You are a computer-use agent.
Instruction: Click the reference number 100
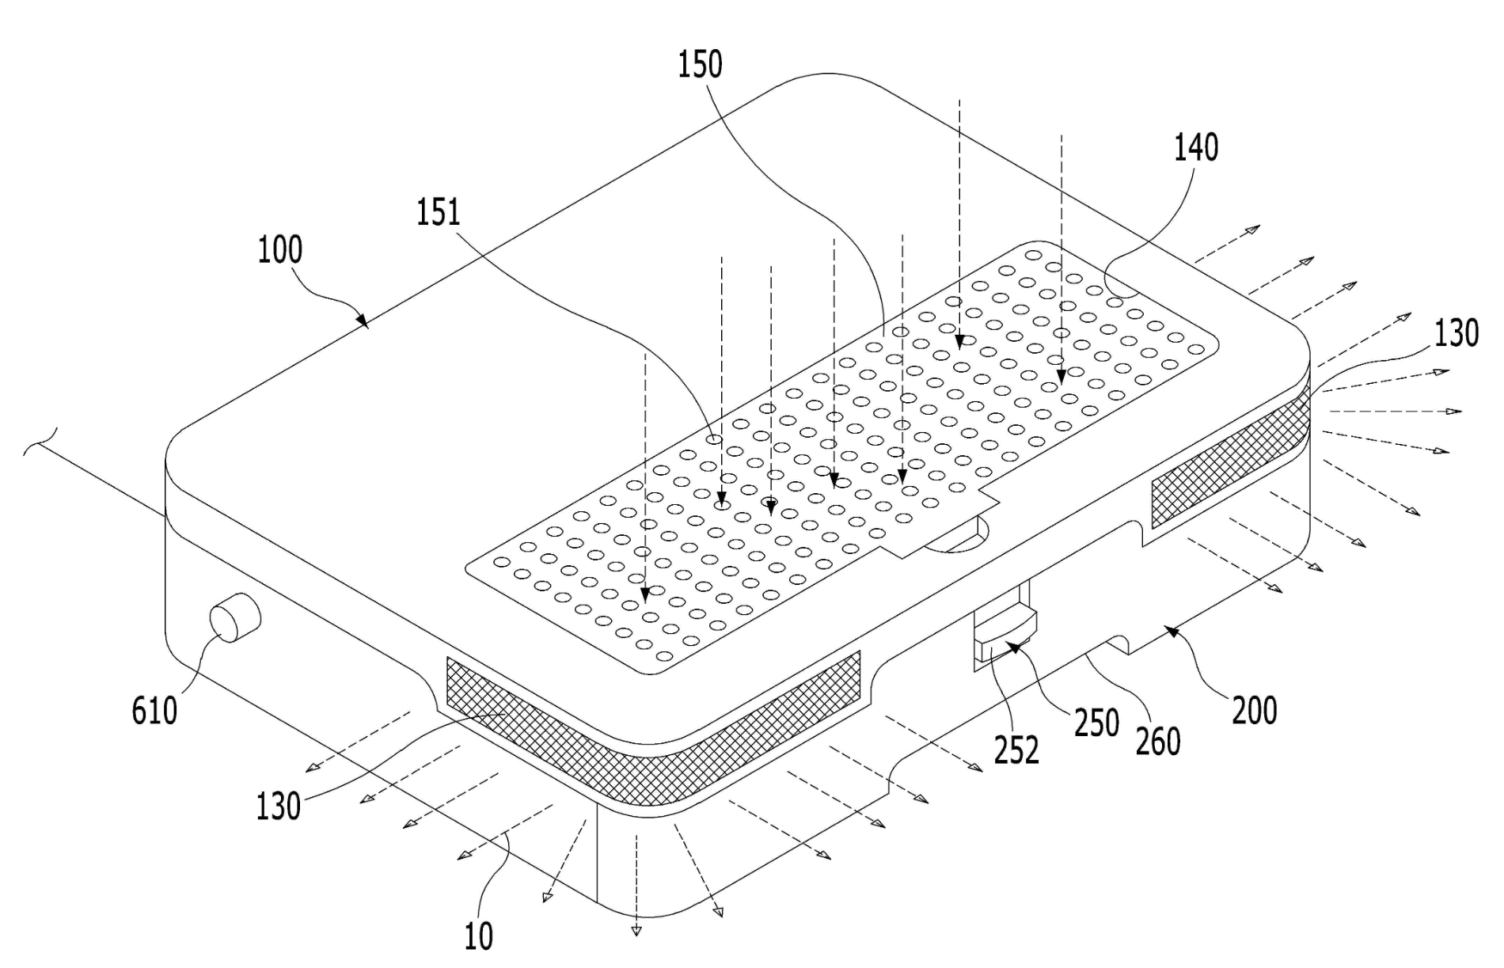point(280,250)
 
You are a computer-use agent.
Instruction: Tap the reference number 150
point(700,64)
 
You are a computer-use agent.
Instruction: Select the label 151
point(439,212)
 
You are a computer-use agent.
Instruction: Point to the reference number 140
point(1196,148)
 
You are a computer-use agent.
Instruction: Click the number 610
point(154,710)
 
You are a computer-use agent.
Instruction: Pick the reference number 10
point(479,936)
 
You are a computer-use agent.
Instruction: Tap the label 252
point(1016,749)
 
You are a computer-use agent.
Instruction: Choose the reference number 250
point(1096,723)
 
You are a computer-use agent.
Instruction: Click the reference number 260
point(1158,741)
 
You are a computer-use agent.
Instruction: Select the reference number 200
point(1255,710)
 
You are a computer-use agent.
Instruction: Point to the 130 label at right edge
point(1457,333)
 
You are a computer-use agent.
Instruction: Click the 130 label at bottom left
point(278,806)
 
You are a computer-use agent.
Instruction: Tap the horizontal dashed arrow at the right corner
point(1393,412)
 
